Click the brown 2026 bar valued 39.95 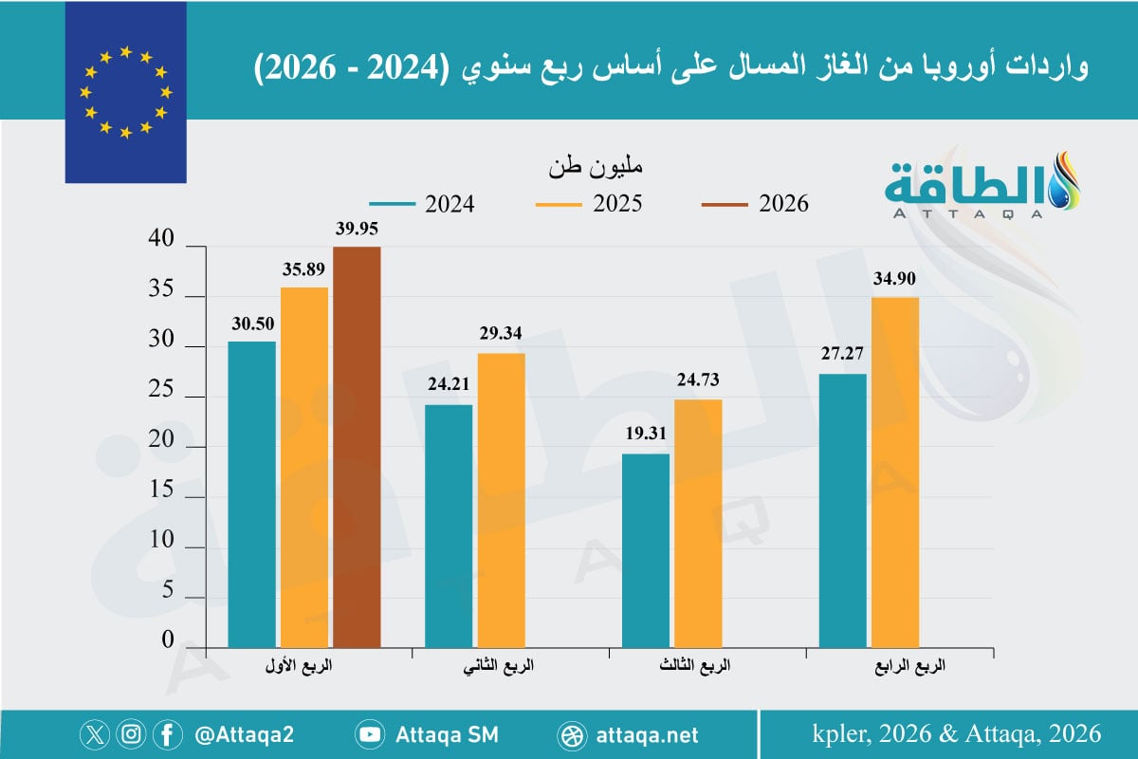tap(357, 447)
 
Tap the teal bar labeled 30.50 tap(252, 493)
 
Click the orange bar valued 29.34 tap(501, 499)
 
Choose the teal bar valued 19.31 tap(645, 549)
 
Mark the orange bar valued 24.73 tap(698, 523)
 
